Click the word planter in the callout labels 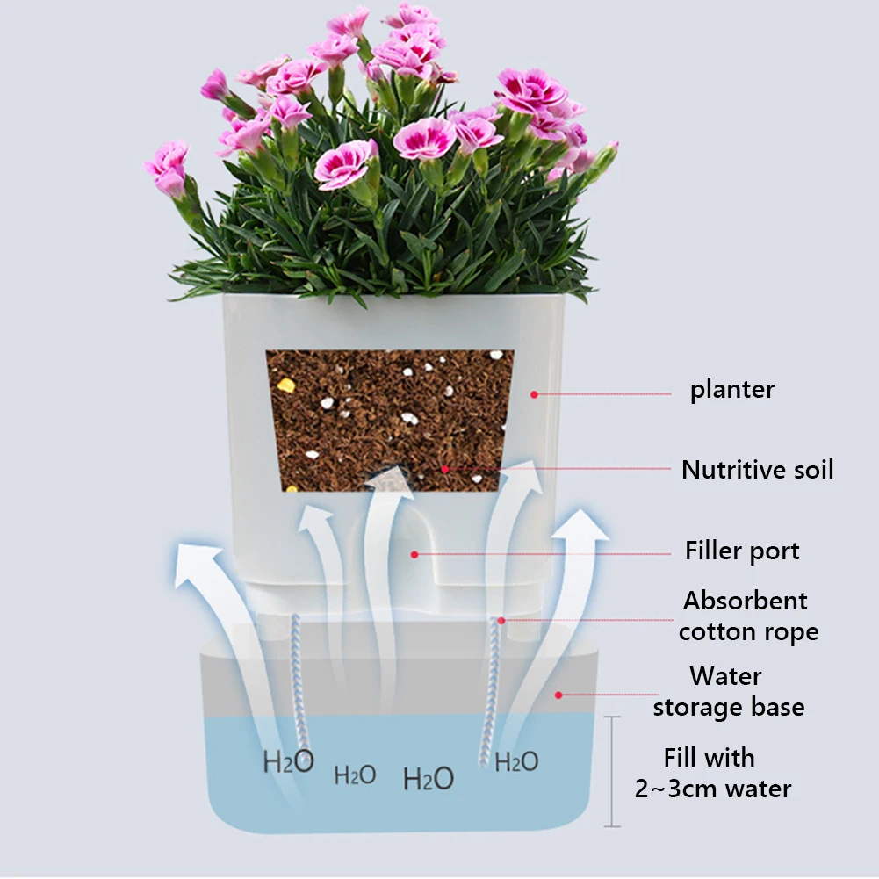pyautogui.click(x=732, y=390)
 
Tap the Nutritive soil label pyautogui.click(x=757, y=470)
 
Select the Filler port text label pyautogui.click(x=742, y=551)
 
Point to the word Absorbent pyautogui.click(x=745, y=602)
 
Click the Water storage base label pyautogui.click(x=728, y=692)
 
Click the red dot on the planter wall pyautogui.click(x=534, y=394)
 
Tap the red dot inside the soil pyautogui.click(x=445, y=470)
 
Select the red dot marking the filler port pyautogui.click(x=414, y=553)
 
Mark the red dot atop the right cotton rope pyautogui.click(x=501, y=620)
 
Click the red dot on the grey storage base pyautogui.click(x=558, y=695)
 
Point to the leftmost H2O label pyautogui.click(x=288, y=761)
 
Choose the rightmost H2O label pyautogui.click(x=516, y=761)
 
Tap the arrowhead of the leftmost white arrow pyautogui.click(x=197, y=563)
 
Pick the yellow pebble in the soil pyautogui.click(x=286, y=385)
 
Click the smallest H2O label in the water pyautogui.click(x=355, y=775)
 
